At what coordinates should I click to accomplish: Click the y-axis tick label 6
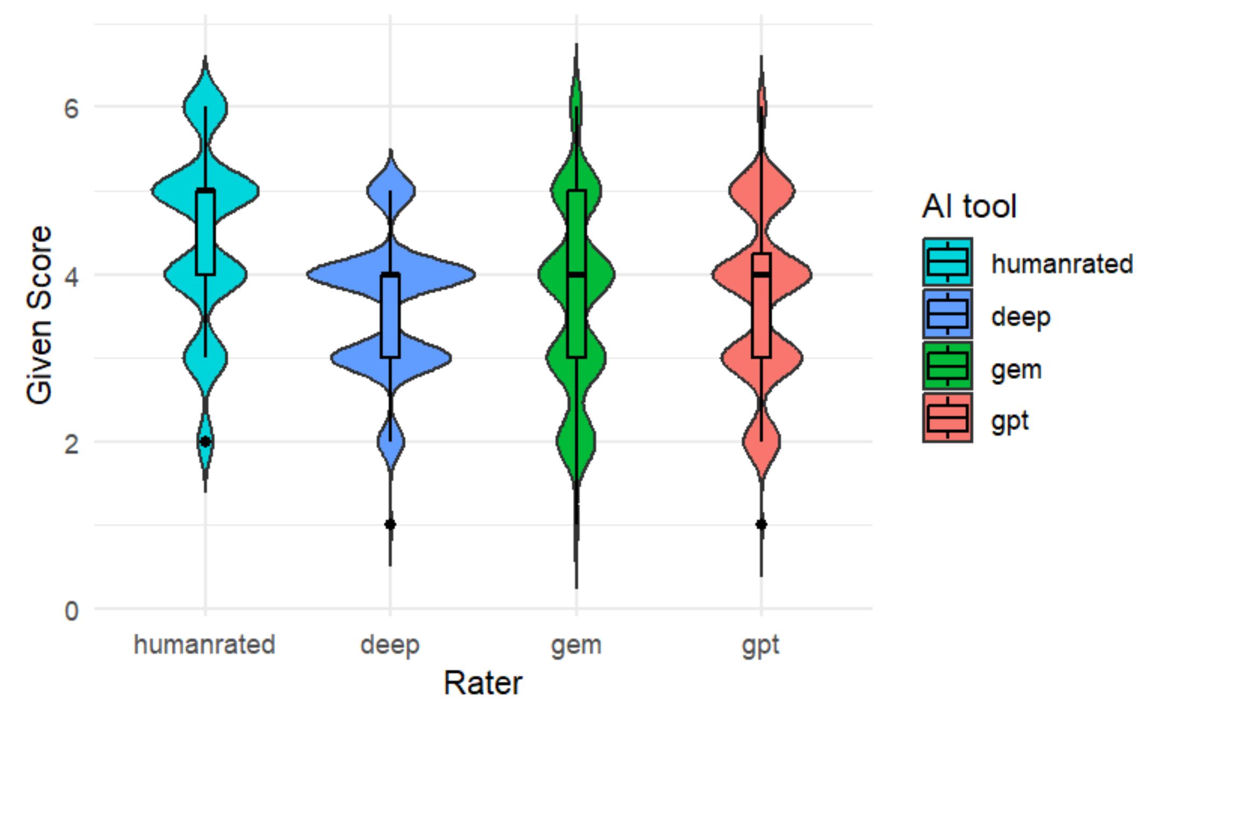[x=71, y=109]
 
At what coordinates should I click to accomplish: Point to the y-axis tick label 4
[x=71, y=277]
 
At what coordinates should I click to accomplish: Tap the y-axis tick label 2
[x=71, y=444]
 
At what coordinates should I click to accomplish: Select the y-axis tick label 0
[x=71, y=611]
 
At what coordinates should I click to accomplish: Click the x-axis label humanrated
[x=205, y=644]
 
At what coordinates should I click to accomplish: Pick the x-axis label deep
[x=390, y=645]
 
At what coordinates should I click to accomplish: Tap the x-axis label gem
[x=576, y=645]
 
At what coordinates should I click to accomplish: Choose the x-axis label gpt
[x=761, y=645]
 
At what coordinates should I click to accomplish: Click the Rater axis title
[x=483, y=684]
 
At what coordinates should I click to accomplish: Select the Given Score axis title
[x=39, y=315]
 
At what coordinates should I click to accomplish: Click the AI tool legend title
[x=970, y=206]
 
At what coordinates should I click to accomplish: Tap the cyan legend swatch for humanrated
[x=947, y=262]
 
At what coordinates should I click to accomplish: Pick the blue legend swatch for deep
[x=947, y=314]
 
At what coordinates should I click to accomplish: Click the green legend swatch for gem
[x=947, y=367]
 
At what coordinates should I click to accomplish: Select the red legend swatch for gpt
[x=947, y=418]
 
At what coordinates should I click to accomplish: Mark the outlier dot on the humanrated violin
[x=205, y=441]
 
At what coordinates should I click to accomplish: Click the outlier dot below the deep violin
[x=390, y=524]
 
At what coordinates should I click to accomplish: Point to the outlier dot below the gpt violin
[x=761, y=524]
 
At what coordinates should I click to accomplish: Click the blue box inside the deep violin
[x=390, y=316]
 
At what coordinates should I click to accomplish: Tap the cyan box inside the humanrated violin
[x=205, y=233]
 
